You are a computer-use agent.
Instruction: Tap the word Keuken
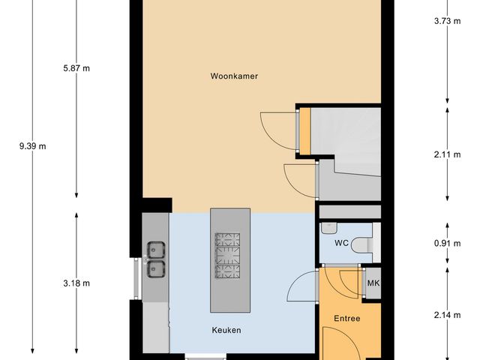click(226, 330)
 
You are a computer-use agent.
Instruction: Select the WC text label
click(340, 243)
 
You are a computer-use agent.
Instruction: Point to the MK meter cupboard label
click(373, 283)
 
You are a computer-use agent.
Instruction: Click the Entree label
click(347, 319)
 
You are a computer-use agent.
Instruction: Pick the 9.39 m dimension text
click(32, 146)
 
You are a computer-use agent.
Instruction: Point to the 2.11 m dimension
click(447, 155)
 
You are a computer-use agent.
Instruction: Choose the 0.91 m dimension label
click(447, 242)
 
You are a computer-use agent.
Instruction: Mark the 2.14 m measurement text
click(447, 316)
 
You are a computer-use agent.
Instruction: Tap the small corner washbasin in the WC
click(327, 227)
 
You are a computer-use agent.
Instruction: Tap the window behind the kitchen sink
click(136, 278)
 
